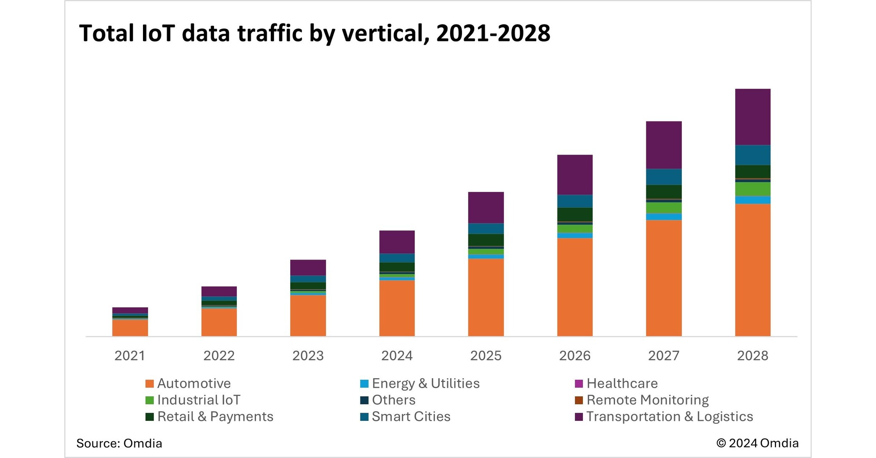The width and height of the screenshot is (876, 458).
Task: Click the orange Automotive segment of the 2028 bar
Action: coord(752,270)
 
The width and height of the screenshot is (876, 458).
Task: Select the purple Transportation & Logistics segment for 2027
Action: coord(664,145)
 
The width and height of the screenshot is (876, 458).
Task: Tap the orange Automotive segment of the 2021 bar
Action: coord(130,328)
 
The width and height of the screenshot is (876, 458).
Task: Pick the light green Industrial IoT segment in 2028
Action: coord(752,189)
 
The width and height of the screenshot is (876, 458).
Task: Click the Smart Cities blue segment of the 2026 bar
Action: coord(574,201)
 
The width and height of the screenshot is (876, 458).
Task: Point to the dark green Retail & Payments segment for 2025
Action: coord(486,240)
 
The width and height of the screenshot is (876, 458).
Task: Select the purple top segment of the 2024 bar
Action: coord(397,242)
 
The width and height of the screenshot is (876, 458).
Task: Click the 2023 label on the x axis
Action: coord(308,356)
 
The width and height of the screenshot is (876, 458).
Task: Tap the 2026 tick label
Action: coord(574,356)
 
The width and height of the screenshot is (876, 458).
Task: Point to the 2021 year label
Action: coord(130,356)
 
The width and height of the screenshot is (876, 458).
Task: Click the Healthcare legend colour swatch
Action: coord(579,384)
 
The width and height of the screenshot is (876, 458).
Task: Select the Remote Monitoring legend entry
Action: coord(647,400)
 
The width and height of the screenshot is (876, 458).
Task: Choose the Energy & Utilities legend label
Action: coord(426,384)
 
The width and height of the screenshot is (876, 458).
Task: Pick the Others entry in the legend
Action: coord(393,400)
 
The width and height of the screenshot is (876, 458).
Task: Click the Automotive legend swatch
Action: coord(149,384)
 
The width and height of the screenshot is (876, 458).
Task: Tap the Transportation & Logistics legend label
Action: coord(670,417)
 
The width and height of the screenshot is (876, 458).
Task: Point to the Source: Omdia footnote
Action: coord(119,443)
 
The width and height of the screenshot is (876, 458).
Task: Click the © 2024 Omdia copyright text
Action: coord(757,443)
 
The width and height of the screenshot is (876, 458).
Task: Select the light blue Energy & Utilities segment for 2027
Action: coord(664,217)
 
